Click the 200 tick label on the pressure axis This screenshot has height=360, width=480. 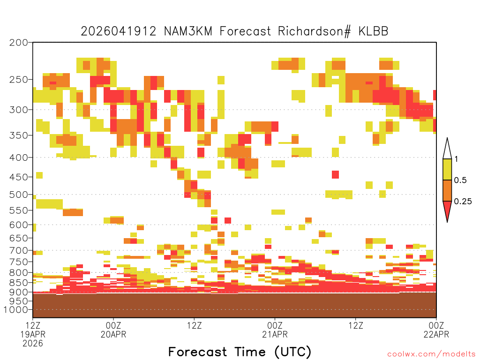(x=18, y=43)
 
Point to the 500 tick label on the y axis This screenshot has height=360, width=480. (x=18, y=195)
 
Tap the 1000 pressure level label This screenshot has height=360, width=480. (x=16, y=310)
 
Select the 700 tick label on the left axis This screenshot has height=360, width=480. (x=18, y=251)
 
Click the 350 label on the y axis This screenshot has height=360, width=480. (x=18, y=135)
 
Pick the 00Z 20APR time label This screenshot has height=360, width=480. (x=113, y=330)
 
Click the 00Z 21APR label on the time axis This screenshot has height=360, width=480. (x=275, y=330)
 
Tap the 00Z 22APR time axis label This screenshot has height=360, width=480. (x=436, y=330)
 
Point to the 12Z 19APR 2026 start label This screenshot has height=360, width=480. (x=33, y=334)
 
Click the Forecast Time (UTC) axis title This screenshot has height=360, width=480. (x=240, y=352)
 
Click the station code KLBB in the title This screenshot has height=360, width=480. (x=373, y=31)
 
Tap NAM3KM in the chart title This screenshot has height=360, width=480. (x=188, y=31)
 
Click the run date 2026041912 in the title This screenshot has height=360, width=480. (x=119, y=31)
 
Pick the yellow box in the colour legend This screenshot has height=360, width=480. (x=447, y=169)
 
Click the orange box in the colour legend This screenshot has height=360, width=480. (x=447, y=190)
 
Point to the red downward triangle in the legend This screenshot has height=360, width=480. (x=447, y=210)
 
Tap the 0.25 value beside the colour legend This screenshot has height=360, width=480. (x=463, y=202)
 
